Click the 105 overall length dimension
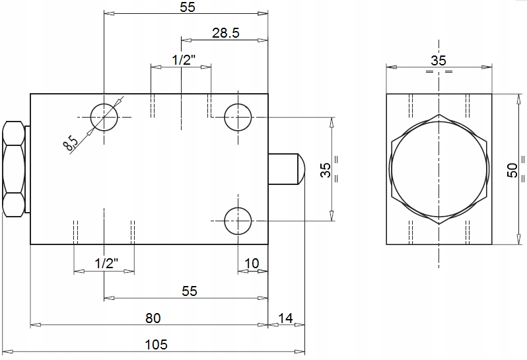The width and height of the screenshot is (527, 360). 156,345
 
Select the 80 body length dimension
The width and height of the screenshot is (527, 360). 153,318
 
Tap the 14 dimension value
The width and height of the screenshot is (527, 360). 285,318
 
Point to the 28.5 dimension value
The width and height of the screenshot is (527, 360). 225,33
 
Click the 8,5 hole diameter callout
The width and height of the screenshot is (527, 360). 70,143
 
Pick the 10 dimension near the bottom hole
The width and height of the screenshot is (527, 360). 252,264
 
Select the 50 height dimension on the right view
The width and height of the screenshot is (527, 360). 512,170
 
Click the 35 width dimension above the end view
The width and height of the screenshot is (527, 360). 439,61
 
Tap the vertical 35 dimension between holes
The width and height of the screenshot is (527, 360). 326,170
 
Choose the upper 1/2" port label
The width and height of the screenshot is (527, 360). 184,60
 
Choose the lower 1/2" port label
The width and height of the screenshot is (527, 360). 106,263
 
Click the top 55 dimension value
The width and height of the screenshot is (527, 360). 187,7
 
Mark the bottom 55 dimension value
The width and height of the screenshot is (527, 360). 190,291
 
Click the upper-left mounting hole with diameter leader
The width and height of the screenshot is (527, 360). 104,117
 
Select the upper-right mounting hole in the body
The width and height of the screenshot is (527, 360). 238,117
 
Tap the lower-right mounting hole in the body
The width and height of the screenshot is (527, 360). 238,221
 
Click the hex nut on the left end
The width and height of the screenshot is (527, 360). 13,169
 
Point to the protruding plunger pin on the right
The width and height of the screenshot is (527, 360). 287,169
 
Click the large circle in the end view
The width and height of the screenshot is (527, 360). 439,169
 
